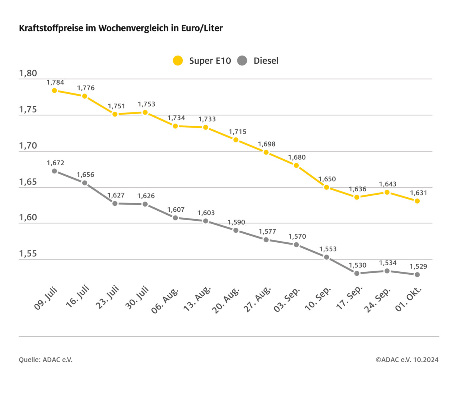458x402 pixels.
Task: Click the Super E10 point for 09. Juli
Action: (x=54, y=90)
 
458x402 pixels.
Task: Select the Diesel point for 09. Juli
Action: (x=54, y=171)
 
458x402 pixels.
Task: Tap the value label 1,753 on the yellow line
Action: (x=147, y=104)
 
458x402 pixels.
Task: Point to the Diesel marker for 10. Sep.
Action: (x=327, y=257)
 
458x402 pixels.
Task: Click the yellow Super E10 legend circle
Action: (x=178, y=61)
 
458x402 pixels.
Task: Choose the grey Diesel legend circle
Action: (x=242, y=61)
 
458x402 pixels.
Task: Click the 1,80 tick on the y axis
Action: (x=28, y=73)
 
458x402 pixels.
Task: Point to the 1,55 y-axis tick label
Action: (x=28, y=254)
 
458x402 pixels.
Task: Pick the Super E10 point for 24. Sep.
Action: (x=387, y=192)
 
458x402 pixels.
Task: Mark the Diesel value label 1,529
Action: (x=418, y=267)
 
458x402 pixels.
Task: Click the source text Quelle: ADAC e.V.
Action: (x=46, y=360)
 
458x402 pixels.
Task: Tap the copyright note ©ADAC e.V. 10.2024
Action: (x=407, y=360)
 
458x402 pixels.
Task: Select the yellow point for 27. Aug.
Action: (x=266, y=152)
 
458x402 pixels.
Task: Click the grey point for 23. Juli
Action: (x=115, y=204)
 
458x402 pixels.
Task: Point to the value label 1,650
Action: (x=327, y=179)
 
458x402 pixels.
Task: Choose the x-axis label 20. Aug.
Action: (x=226, y=300)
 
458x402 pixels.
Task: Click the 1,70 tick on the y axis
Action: (x=28, y=146)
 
